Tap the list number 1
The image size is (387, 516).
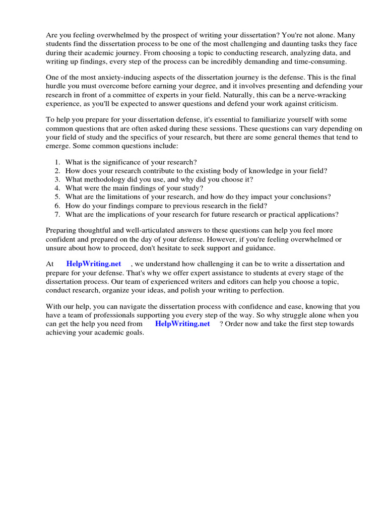click(x=56, y=162)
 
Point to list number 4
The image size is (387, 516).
click(x=56, y=188)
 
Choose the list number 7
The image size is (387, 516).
click(x=56, y=214)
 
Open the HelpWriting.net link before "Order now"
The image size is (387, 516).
click(x=182, y=324)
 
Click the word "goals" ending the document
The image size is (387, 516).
click(x=134, y=333)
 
